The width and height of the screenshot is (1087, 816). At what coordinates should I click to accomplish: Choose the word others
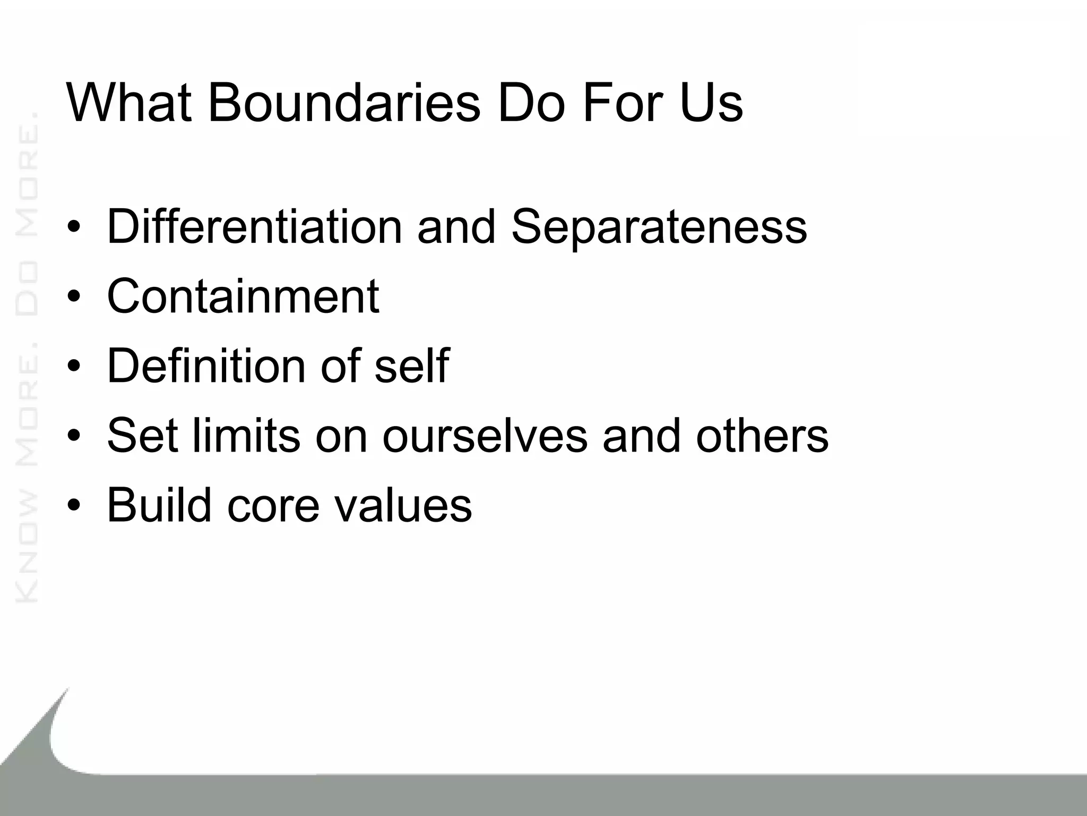pos(762,435)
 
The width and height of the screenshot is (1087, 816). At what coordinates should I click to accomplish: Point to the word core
pos(273,506)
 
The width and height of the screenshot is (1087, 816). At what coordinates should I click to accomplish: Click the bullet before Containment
pos(74,297)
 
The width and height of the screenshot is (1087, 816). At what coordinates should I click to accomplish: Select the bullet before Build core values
pos(74,505)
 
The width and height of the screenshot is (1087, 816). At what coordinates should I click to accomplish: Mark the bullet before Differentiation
pos(74,227)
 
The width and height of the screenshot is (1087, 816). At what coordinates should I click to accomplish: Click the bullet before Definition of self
pos(74,366)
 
